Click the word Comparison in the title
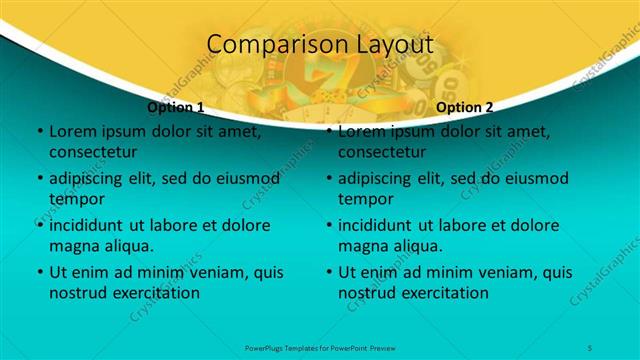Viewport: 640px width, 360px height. (x=263, y=45)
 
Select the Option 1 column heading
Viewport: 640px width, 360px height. (x=176, y=107)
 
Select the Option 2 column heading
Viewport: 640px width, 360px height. (x=465, y=107)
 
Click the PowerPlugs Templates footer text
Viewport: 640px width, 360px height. (x=320, y=346)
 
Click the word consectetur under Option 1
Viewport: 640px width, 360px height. (x=93, y=153)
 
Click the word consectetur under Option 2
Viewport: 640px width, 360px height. (x=382, y=153)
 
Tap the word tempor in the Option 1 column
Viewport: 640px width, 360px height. (x=75, y=199)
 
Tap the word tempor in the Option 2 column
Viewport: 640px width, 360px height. (x=364, y=199)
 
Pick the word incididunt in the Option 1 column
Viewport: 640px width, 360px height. (x=90, y=225)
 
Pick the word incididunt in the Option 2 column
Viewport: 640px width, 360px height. (x=379, y=225)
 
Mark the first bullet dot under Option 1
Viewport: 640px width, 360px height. (x=39, y=131)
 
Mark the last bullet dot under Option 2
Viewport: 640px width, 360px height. (x=328, y=272)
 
